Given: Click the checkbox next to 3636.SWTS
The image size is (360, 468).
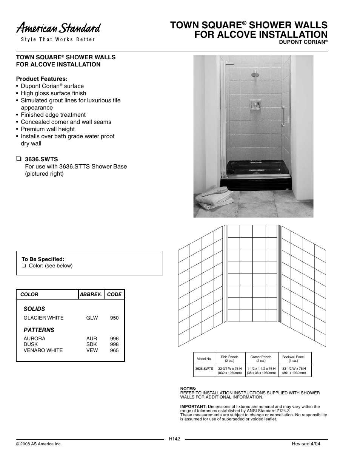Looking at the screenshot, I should coord(18,159).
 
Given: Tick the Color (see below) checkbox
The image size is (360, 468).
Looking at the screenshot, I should coord(24,266).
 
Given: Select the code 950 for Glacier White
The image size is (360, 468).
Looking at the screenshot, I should coord(114,318).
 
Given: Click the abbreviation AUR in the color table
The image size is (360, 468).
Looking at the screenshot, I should coord(92,339).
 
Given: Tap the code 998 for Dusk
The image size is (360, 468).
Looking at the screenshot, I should coord(114,344).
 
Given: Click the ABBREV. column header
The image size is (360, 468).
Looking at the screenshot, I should coord(91,295).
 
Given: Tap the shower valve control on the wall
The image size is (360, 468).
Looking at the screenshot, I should coord(254,104).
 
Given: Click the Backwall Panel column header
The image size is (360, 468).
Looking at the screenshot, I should coord(293,359).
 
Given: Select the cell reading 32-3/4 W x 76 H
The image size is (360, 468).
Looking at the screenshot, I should coord(230,369).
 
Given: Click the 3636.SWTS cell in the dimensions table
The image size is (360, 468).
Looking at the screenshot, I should coord(204,369).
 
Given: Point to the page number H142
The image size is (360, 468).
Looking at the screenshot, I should coord(174,439).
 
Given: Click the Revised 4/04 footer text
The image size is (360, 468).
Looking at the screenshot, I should coord(306,444).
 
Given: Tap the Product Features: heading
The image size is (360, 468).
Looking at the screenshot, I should coord(42,79).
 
